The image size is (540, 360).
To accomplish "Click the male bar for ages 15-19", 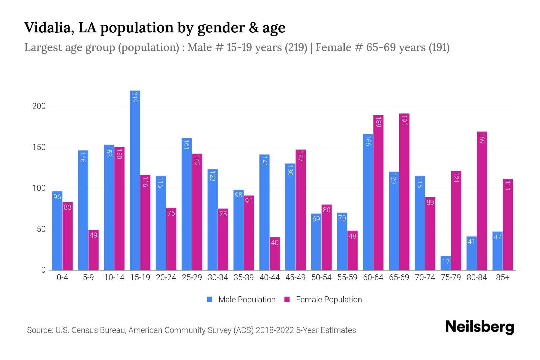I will pos(135,180).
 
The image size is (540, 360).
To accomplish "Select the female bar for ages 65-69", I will pos(404,192).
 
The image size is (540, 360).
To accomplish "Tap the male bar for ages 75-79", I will pos(445,263).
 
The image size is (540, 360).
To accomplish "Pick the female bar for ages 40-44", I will pos(275,254).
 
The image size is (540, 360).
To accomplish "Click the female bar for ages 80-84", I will pos(482,201).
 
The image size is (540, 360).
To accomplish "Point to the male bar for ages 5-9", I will pos(83,210).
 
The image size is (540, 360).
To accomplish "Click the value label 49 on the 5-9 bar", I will pos(94,235).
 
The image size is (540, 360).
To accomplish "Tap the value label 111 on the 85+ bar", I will pos(508,186).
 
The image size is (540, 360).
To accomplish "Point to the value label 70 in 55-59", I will pos(342,218).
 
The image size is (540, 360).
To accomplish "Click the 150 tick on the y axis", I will pos(39,147).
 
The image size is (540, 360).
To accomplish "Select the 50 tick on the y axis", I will pos(41,229).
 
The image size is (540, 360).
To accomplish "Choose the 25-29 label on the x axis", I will pos(192,277).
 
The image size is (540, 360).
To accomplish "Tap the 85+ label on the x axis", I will pos(502,277).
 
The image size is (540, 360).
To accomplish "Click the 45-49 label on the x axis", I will pos(295,277).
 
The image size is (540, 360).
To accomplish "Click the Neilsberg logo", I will pos(479,327).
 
